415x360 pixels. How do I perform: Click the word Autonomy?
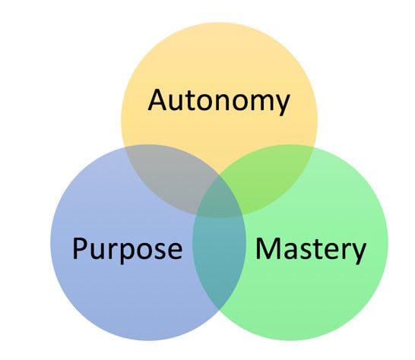coord(219,100)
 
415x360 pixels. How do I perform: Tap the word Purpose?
coord(127,248)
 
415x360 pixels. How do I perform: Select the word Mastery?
coord(310,248)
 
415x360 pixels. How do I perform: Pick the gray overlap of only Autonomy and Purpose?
coord(163,171)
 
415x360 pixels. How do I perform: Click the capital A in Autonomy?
coord(157,99)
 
